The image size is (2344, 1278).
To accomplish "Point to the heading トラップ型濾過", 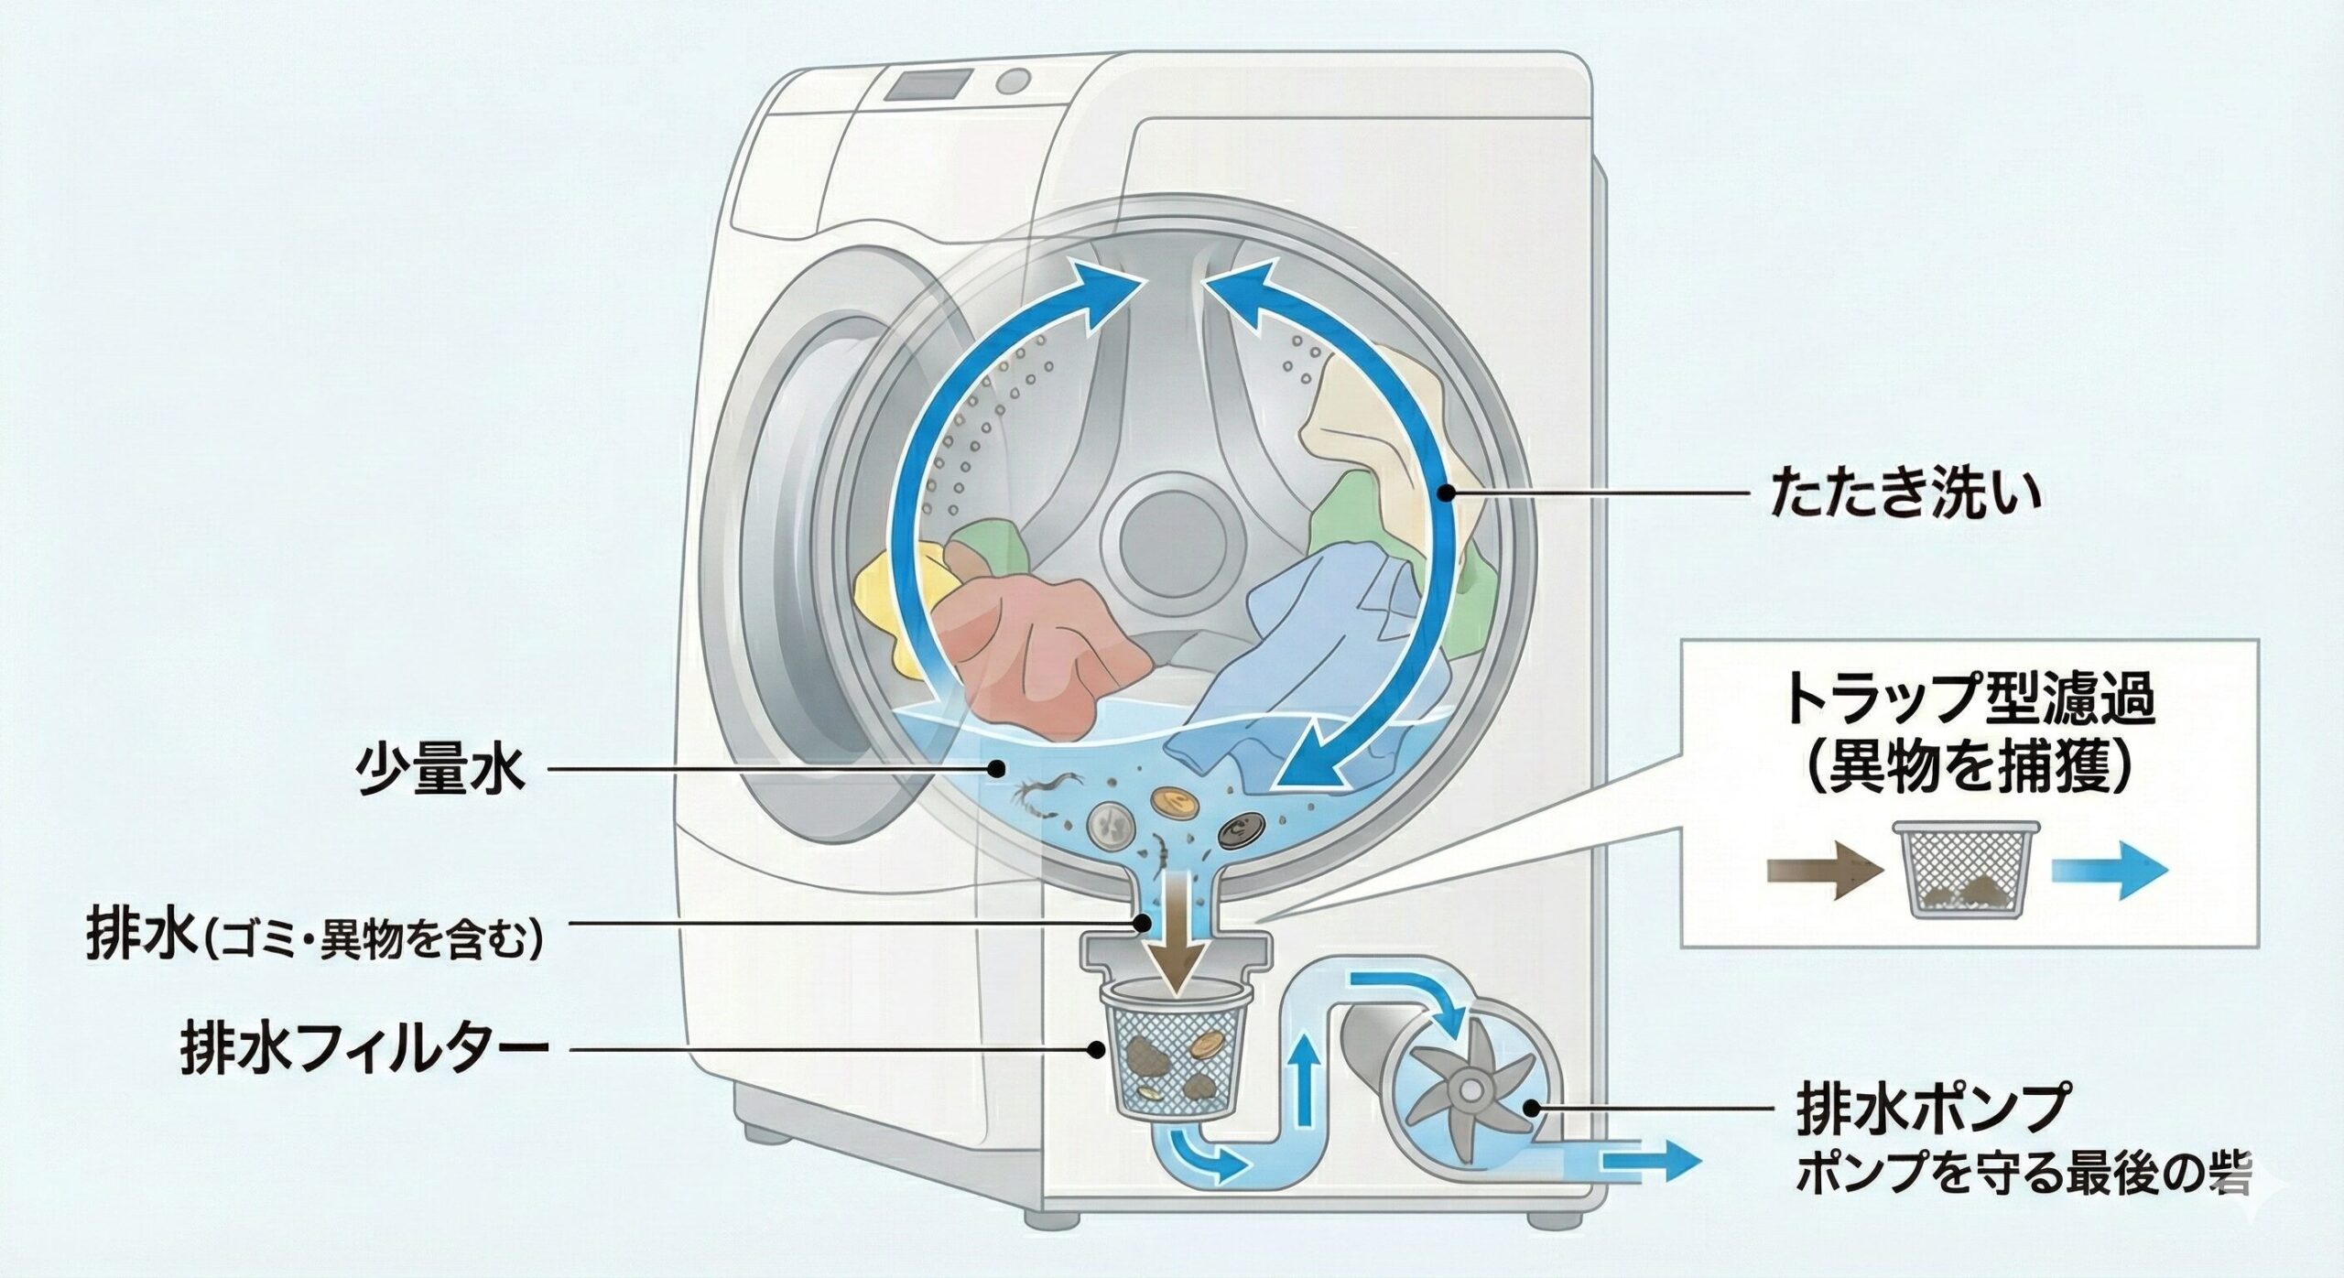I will coord(1969,699).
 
